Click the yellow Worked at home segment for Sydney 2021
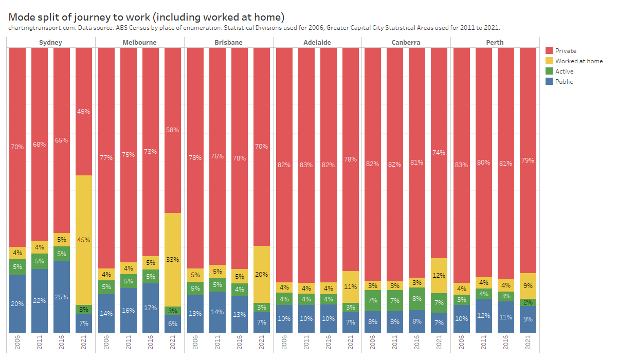point(84,240)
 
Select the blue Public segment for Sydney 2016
point(62,297)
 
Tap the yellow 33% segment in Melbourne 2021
point(173,260)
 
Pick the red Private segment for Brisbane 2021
point(261,147)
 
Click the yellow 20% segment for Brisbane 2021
point(261,274)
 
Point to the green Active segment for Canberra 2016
point(417,298)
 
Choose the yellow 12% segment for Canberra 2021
point(439,275)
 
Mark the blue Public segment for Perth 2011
point(483,315)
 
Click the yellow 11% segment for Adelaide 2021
point(350,286)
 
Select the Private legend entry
point(565,50)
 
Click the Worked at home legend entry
point(578,61)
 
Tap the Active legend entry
point(564,71)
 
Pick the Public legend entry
point(564,81)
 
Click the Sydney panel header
point(50,42)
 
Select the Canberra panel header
point(406,42)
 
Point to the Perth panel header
point(494,42)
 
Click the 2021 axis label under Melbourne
point(173,343)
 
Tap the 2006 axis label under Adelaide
point(284,343)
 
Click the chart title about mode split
point(147,17)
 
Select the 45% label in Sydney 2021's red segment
point(84,111)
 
